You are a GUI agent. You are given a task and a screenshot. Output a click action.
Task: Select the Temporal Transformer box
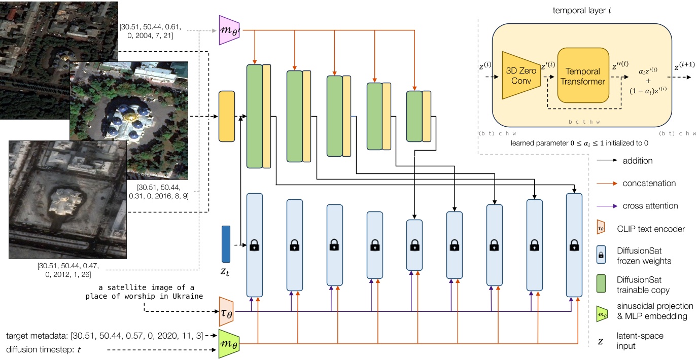583,76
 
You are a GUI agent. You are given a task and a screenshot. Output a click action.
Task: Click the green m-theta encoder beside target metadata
229,344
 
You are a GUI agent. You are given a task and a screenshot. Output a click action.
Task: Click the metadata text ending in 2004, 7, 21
153,30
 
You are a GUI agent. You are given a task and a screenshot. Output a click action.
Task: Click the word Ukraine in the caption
189,296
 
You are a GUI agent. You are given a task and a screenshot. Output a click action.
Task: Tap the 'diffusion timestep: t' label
44,349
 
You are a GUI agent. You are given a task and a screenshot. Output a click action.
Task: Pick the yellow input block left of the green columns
226,116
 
